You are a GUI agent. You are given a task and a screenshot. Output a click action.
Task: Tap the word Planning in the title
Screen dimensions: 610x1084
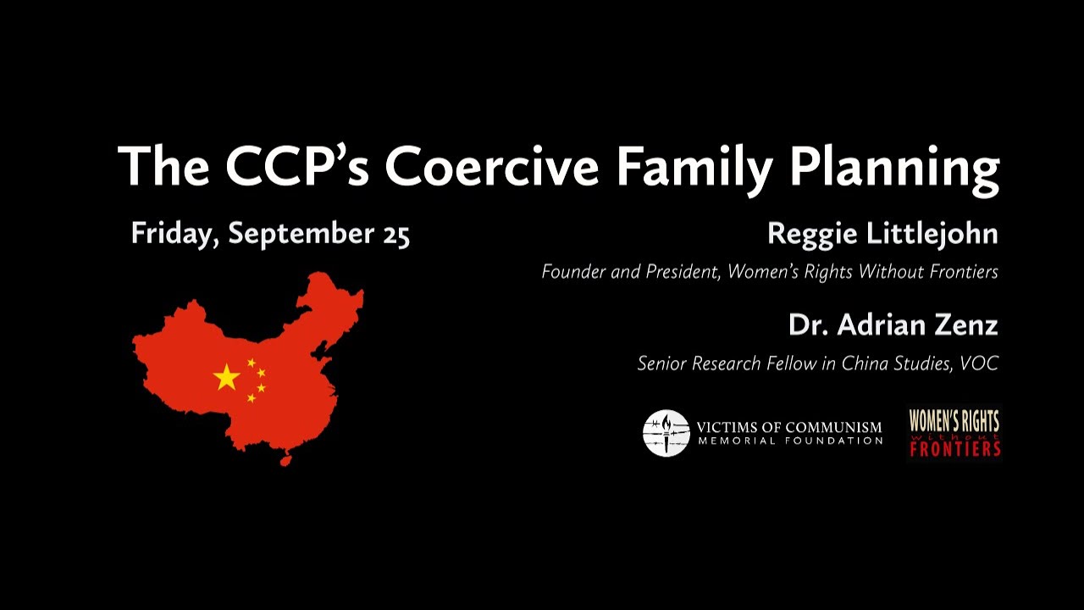895,168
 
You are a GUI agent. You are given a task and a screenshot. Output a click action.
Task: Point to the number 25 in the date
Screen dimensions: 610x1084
395,235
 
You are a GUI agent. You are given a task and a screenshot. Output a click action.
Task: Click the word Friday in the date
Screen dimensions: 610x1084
174,235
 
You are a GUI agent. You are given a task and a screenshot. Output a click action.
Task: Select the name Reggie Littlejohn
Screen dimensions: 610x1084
882,235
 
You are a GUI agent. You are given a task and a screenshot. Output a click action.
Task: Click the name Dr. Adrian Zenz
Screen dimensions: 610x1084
893,324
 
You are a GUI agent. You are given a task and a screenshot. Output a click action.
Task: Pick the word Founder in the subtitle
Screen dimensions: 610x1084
572,272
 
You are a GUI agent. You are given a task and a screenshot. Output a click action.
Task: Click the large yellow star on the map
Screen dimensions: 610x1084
227,377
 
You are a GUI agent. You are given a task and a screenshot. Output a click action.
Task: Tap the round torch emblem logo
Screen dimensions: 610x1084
666,433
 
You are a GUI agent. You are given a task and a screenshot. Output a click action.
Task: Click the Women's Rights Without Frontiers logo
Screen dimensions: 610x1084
954,433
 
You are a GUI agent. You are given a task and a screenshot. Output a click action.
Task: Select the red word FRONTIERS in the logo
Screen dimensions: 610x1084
955,448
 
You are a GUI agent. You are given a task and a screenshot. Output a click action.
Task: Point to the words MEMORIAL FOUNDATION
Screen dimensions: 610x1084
790,441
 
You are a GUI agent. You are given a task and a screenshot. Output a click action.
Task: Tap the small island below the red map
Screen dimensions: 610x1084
286,462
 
